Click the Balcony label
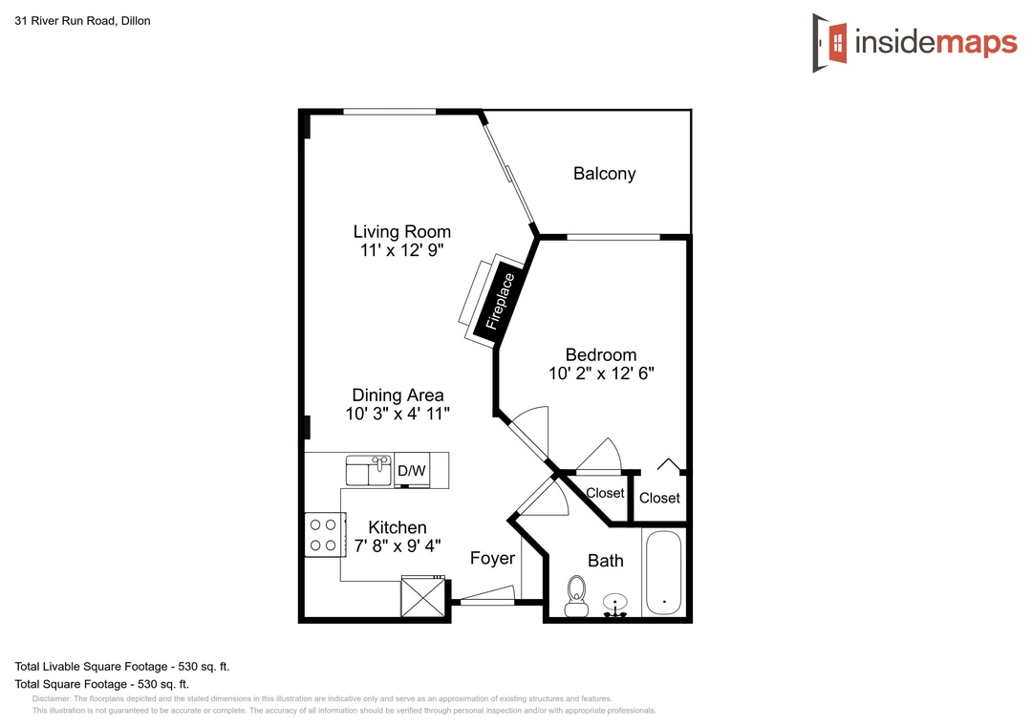[x=604, y=174]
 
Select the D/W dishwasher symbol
[x=412, y=470]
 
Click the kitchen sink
[x=368, y=470]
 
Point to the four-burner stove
[x=325, y=535]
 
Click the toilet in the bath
[x=577, y=596]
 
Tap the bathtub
[x=663, y=572]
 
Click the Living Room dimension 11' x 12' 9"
[x=401, y=250]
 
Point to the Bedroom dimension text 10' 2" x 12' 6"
[x=601, y=374]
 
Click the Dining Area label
[x=398, y=395]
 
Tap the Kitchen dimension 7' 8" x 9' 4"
[x=398, y=545]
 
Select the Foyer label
[x=492, y=558]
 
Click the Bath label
[x=606, y=561]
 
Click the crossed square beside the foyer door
[x=423, y=596]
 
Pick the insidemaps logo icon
[x=829, y=43]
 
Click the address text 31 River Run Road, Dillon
[x=82, y=21]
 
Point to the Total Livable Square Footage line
[x=121, y=666]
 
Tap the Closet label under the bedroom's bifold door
[x=659, y=499]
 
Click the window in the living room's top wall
[x=390, y=112]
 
